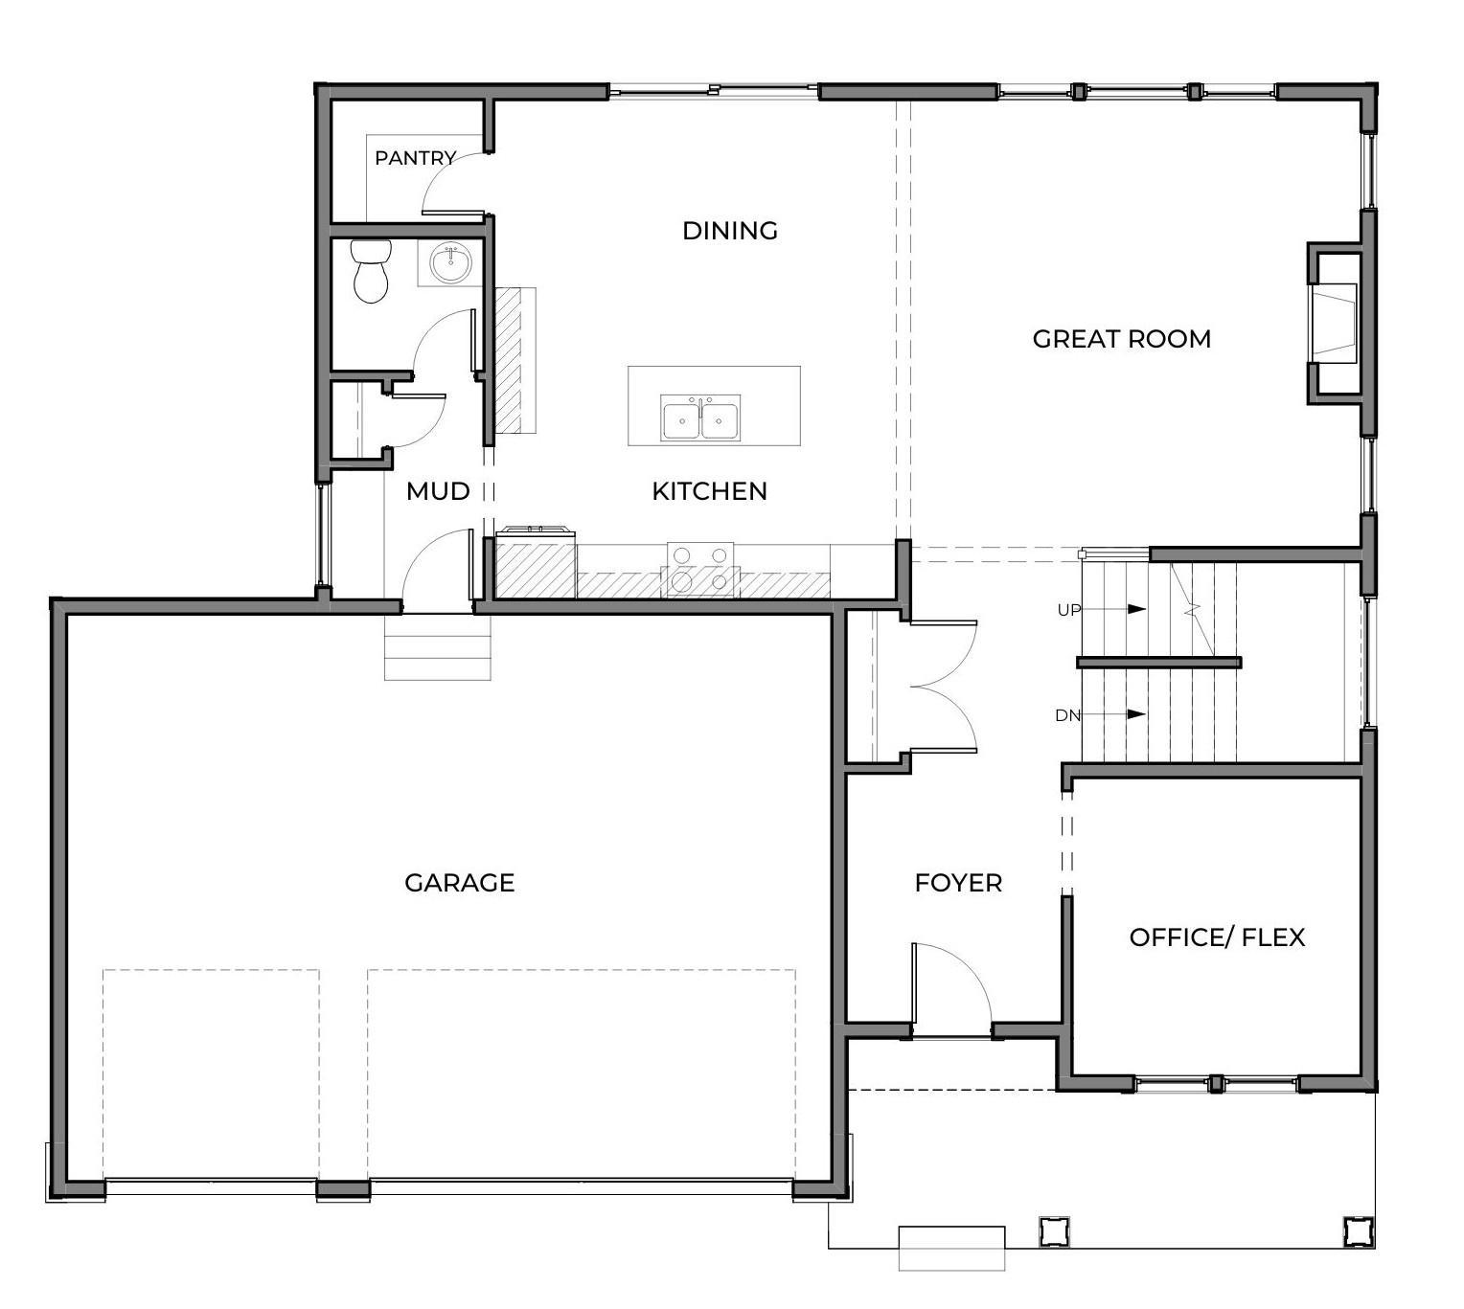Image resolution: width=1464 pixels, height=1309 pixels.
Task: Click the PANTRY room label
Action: pyautogui.click(x=414, y=157)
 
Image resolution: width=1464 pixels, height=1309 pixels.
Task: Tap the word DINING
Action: pyautogui.click(x=730, y=231)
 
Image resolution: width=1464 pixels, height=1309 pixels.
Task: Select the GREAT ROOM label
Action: pyautogui.click(x=1122, y=339)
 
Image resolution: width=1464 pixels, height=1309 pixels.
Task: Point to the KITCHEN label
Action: pyautogui.click(x=709, y=491)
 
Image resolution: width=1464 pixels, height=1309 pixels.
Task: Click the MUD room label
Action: pyautogui.click(x=438, y=491)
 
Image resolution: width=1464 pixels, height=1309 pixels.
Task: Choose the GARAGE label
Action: pyautogui.click(x=460, y=883)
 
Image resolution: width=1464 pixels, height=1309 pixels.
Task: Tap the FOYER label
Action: pyautogui.click(x=958, y=883)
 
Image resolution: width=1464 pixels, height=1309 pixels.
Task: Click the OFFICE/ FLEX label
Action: pyautogui.click(x=1217, y=937)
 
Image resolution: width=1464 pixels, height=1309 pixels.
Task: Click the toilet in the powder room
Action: pyautogui.click(x=371, y=271)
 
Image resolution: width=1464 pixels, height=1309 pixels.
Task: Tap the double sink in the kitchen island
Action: pyautogui.click(x=699, y=417)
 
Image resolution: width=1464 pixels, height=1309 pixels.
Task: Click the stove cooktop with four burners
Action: pyautogui.click(x=699, y=569)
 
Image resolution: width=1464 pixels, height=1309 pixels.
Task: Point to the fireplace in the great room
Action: pyautogui.click(x=1336, y=323)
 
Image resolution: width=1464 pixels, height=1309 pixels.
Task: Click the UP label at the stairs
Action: pyautogui.click(x=1068, y=610)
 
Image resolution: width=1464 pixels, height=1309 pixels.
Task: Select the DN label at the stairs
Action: pyautogui.click(x=1068, y=716)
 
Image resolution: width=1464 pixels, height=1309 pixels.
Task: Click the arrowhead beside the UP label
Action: pyautogui.click(x=1136, y=609)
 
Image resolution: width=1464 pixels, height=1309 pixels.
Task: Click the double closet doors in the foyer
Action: pyautogui.click(x=943, y=687)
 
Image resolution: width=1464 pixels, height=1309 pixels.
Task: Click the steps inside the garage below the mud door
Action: pyautogui.click(x=437, y=647)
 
